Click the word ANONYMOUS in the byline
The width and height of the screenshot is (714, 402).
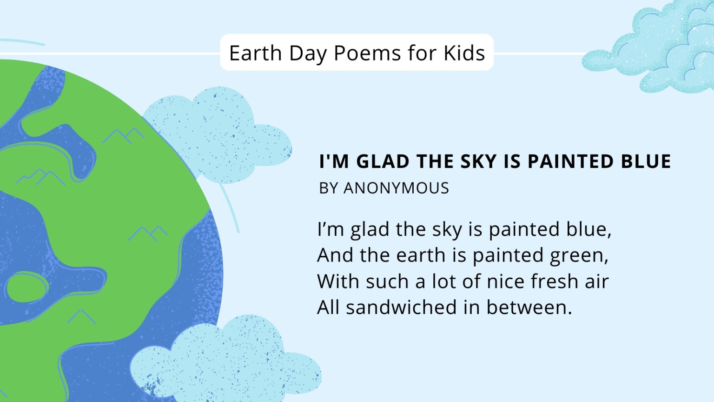click(396, 188)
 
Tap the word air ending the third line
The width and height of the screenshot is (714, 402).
click(596, 281)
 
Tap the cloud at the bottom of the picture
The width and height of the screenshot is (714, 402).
click(223, 363)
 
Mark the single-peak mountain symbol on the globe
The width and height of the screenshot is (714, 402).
click(81, 317)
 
